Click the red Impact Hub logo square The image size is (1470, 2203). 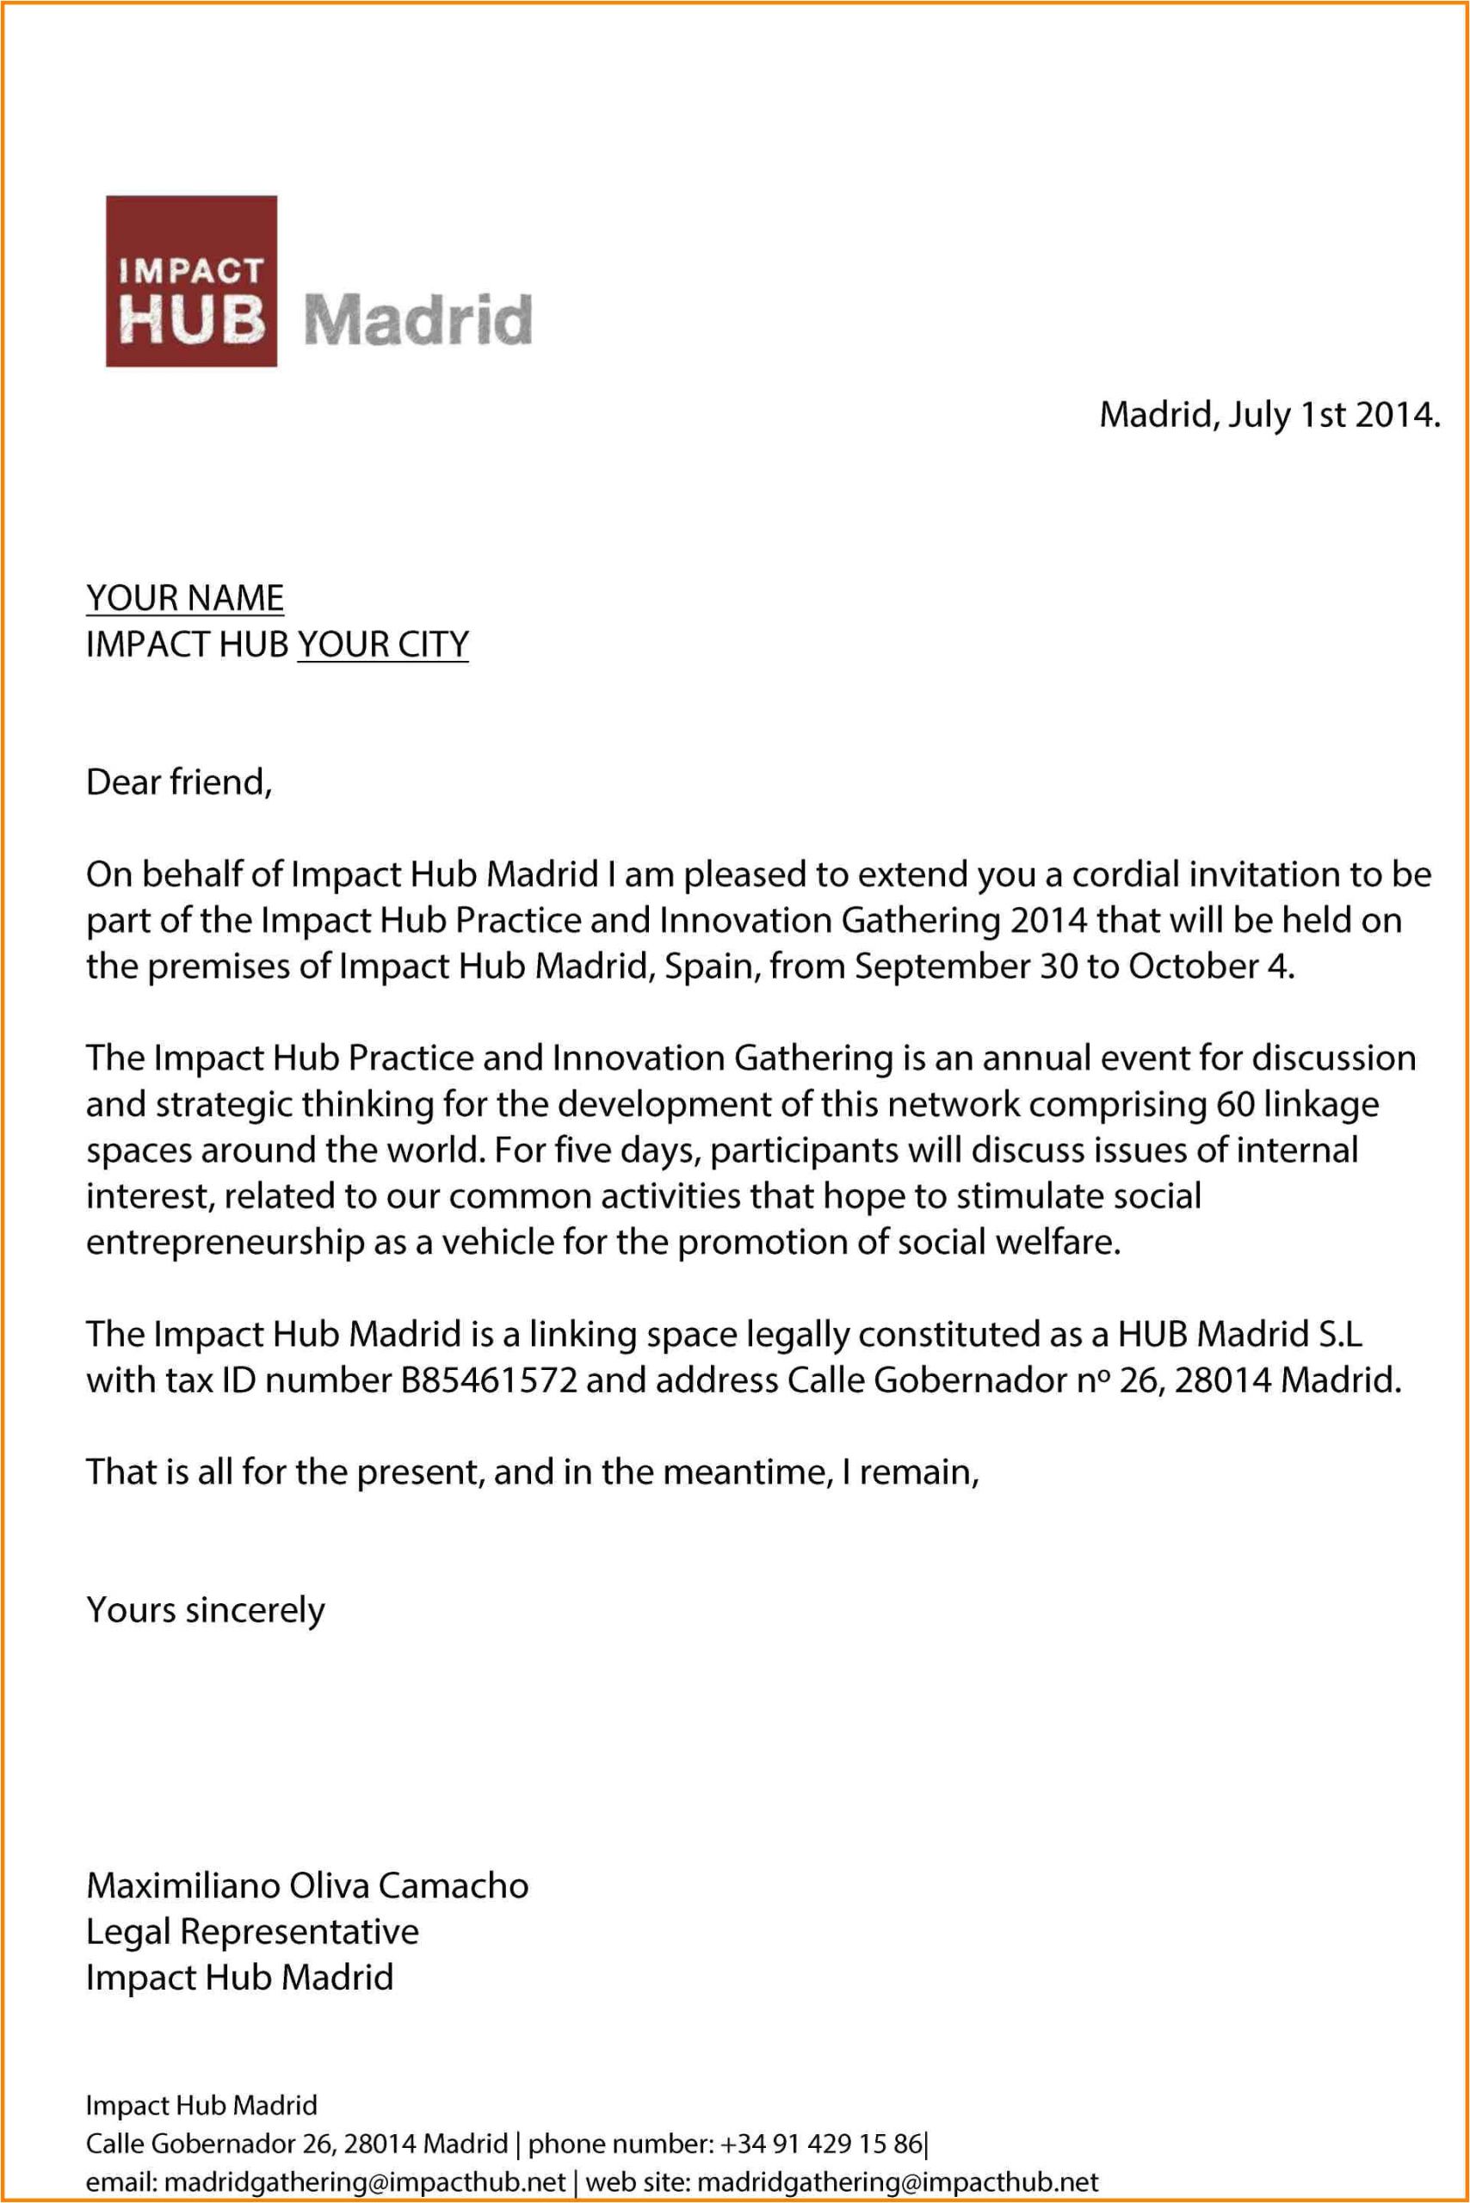191,281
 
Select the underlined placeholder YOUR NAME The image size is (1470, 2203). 185,598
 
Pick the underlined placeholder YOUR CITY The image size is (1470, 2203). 382,644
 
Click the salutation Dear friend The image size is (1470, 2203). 178,782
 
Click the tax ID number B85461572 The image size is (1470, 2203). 489,1380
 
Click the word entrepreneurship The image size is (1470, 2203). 225,1243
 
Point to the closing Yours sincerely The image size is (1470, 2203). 206,1609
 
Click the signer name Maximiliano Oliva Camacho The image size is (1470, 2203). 307,1885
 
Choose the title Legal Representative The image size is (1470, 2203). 252,1931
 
